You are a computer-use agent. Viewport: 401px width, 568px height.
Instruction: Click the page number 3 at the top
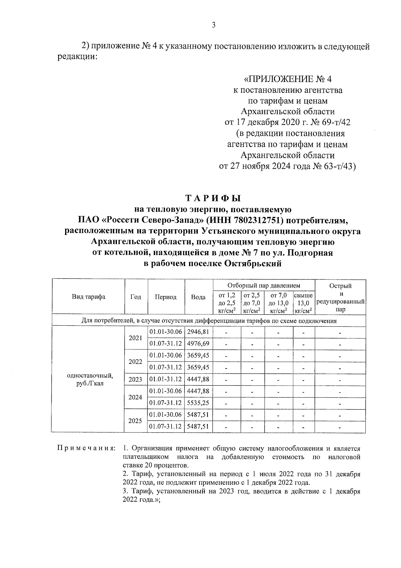pyautogui.click(x=214, y=25)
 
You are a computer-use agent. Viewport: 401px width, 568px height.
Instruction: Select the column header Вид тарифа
pyautogui.click(x=88, y=297)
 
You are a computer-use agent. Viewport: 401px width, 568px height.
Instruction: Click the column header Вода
pyautogui.click(x=198, y=297)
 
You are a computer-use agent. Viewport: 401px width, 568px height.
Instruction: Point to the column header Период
pyautogui.click(x=165, y=297)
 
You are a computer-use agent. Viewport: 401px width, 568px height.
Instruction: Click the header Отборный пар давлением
pyautogui.click(x=264, y=286)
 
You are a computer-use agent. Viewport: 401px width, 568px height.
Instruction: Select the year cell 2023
pyautogui.click(x=135, y=380)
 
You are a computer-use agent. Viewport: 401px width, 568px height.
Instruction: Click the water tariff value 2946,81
pyautogui.click(x=198, y=332)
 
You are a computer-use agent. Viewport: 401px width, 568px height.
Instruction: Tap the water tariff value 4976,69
pyautogui.click(x=198, y=344)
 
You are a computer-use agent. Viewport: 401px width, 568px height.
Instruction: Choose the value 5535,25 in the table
pyautogui.click(x=198, y=403)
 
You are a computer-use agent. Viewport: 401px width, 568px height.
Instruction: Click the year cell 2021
pyautogui.click(x=135, y=338)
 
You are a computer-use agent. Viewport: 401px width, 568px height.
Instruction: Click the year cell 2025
pyautogui.click(x=135, y=421)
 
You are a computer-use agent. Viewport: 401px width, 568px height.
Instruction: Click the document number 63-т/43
pyautogui.click(x=338, y=166)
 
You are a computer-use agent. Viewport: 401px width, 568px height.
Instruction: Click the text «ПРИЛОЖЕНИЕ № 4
pyautogui.click(x=288, y=79)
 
